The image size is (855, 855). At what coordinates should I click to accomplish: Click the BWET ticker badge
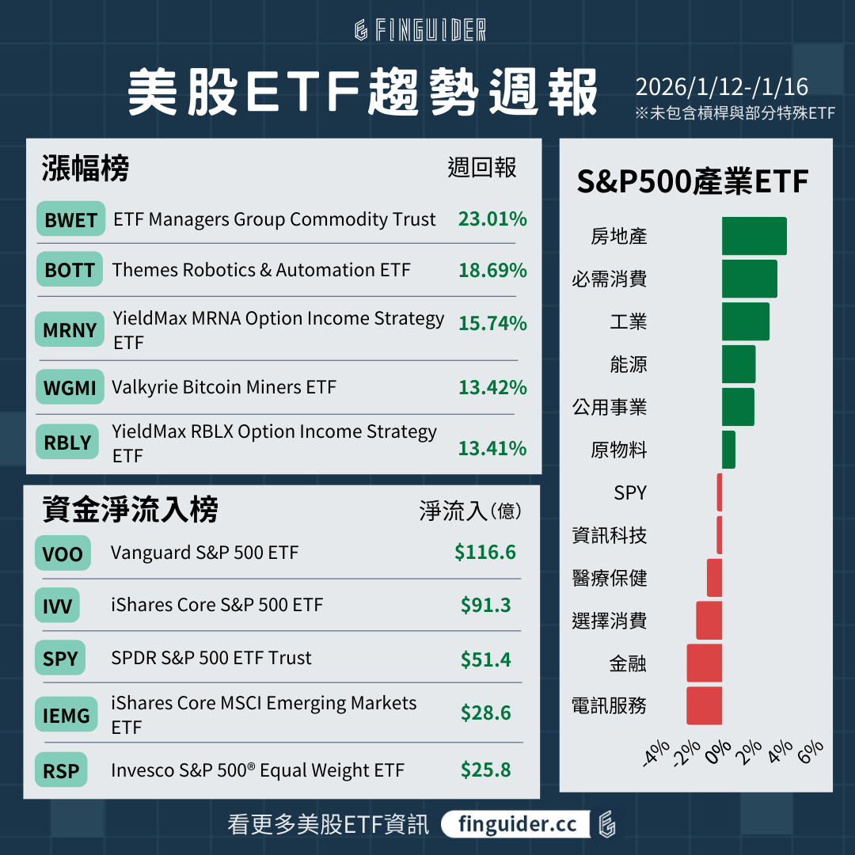pos(70,220)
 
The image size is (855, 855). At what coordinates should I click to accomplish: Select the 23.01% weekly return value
pos(492,219)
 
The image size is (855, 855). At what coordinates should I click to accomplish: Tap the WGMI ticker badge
pos(70,388)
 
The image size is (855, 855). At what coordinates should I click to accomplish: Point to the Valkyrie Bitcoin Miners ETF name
pos(224,387)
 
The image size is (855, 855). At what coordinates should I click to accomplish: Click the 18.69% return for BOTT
pos(492,270)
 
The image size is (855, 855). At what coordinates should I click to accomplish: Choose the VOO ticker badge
pos(63,553)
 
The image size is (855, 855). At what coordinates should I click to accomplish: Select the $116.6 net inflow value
pos(484,552)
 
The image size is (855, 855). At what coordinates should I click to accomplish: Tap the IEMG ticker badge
pos(66,716)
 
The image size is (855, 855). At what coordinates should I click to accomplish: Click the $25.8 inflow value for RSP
pos(485,769)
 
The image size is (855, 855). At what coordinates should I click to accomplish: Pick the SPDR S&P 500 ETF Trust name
pos(211,658)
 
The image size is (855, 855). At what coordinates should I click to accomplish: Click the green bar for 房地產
pos(754,236)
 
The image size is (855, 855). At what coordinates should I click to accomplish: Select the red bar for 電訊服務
pos(704,705)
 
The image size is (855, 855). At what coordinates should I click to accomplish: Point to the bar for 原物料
pos(728,450)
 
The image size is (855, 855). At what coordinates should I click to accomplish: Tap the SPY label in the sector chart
pos(630,493)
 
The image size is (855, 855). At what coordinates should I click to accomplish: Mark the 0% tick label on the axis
pos(717,751)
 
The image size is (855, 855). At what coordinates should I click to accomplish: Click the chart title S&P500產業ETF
pos(692,182)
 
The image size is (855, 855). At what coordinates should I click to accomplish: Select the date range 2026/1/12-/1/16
pos(721,86)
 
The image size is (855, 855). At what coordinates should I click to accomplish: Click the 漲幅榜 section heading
pos(85,168)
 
